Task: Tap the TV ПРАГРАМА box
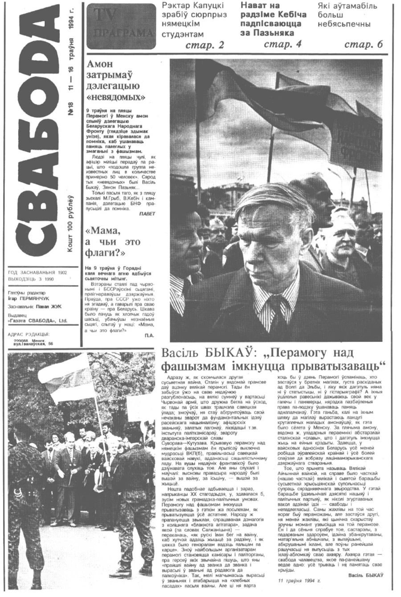(122, 26)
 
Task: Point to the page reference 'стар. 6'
(363, 44)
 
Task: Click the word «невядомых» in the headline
(114, 96)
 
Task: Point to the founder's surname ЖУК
(56, 307)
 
